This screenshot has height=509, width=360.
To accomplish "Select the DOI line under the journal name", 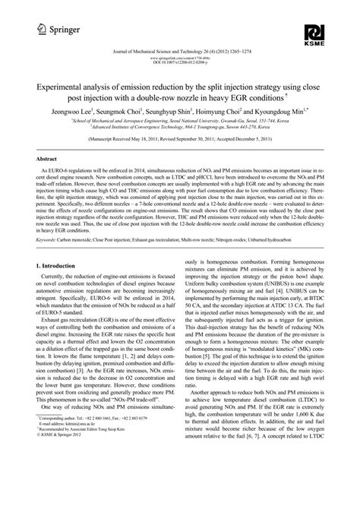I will [180, 61].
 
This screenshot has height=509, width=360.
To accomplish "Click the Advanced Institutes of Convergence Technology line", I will [180, 128].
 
